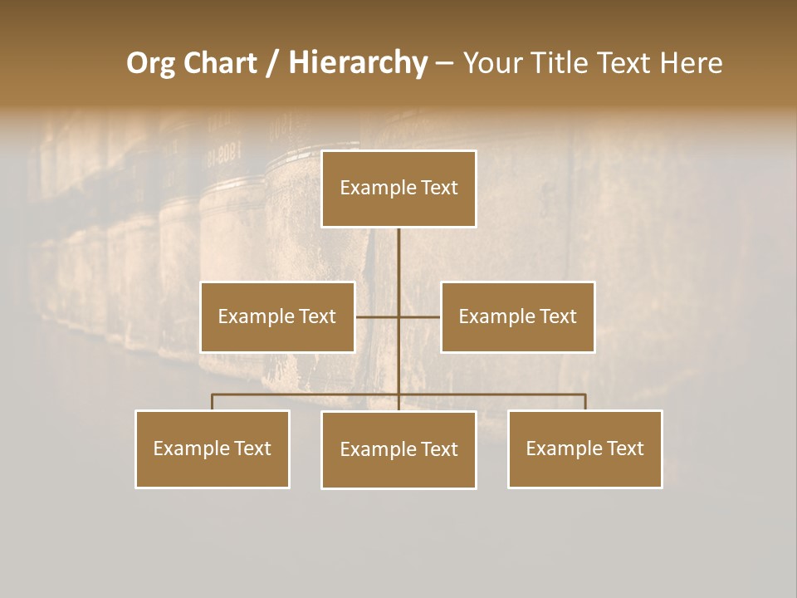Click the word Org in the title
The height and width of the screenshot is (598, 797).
click(x=150, y=64)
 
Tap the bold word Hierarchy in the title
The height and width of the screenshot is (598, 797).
click(x=358, y=64)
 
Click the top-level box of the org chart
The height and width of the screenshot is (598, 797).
click(x=399, y=189)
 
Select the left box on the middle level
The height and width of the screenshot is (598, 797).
click(x=277, y=317)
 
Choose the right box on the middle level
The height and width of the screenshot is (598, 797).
click(x=518, y=317)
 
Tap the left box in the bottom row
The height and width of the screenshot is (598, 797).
click(x=213, y=449)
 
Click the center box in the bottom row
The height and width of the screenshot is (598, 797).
click(x=399, y=450)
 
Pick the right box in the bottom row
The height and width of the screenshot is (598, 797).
click(x=585, y=449)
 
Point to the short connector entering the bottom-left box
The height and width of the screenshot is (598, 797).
click(x=213, y=402)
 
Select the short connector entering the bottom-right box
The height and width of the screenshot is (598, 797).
click(x=585, y=402)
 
